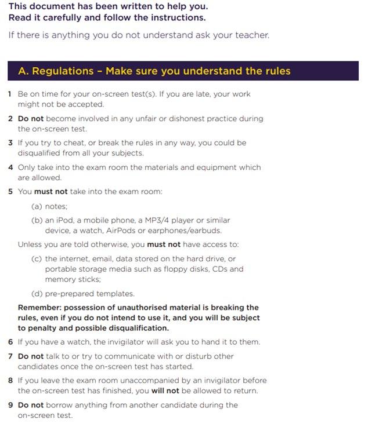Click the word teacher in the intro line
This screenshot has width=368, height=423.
(x=252, y=35)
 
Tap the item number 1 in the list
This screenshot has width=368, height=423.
(x=10, y=94)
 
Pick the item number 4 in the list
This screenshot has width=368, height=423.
(x=10, y=167)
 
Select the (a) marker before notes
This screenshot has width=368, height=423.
(x=37, y=206)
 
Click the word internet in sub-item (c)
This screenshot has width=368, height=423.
(x=75, y=259)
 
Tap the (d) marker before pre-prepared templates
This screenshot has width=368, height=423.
(x=37, y=293)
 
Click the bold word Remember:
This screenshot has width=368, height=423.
(x=39, y=307)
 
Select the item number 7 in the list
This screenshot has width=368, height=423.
(x=10, y=356)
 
